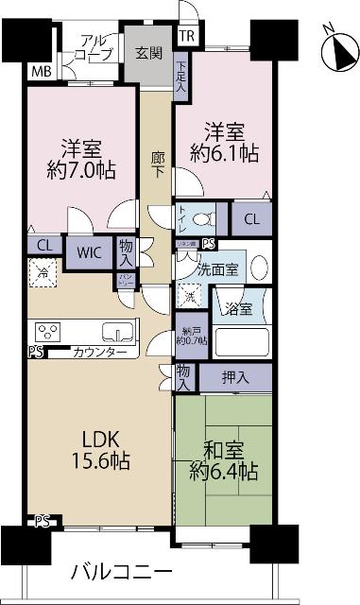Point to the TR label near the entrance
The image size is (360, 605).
(x=187, y=37)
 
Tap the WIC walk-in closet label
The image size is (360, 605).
(x=90, y=252)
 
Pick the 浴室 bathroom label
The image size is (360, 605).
(x=237, y=308)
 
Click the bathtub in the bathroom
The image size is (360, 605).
(x=241, y=338)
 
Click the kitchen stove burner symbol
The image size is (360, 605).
(x=47, y=331)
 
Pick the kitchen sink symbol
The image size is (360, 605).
(x=118, y=330)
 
